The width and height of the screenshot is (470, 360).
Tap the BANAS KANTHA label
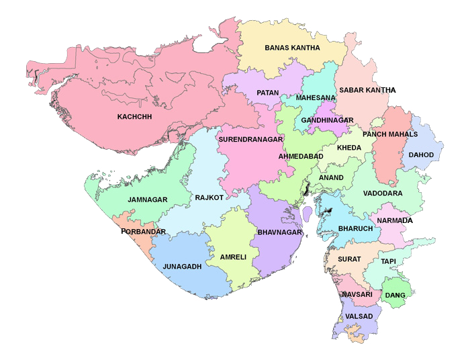[292, 48]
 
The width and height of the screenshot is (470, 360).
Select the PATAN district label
[267, 92]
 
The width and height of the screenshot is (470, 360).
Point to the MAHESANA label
[316, 97]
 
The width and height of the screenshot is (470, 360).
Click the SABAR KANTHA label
[367, 89]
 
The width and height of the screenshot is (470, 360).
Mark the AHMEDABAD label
[301, 156]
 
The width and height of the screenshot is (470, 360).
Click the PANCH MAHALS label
[390, 134]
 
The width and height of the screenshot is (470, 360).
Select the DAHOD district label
[421, 155]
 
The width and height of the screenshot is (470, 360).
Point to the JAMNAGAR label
[147, 199]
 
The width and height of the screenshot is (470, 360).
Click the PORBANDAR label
[143, 232]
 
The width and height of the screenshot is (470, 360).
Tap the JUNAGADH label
[182, 267]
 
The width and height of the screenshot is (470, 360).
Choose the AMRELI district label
[233, 257]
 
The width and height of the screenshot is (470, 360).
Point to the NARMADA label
[395, 220]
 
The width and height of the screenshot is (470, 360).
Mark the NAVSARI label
[356, 295]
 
